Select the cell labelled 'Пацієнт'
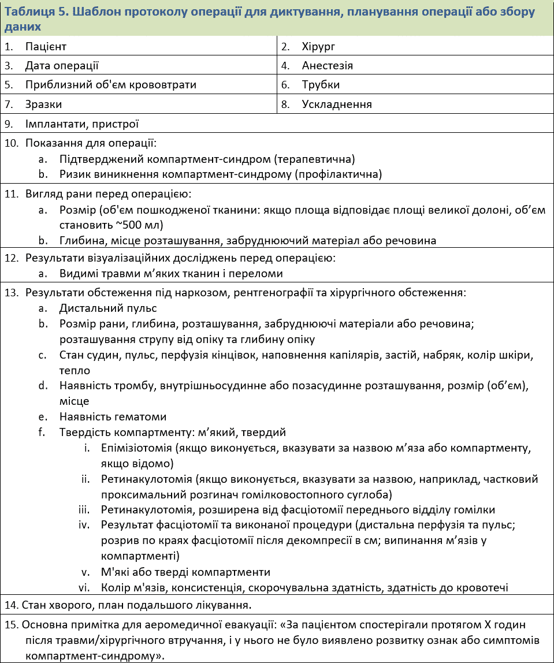[x=49, y=46]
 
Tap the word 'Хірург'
[x=318, y=46]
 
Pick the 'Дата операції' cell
[x=62, y=66]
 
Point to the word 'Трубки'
[x=321, y=85]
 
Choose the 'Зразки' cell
[x=43, y=105]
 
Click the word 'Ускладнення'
[x=337, y=105]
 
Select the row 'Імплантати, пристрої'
[x=81, y=124]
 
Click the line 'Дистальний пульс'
[x=108, y=308]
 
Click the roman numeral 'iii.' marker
[x=84, y=510]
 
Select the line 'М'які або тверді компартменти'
[x=185, y=572]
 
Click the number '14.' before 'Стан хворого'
[x=11, y=605]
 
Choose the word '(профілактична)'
[x=345, y=174]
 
